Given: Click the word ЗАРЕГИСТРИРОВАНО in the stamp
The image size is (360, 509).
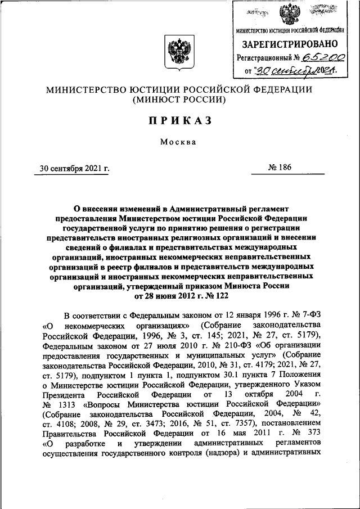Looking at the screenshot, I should point(290,43).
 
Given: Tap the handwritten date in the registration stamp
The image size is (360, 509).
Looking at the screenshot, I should point(295,71).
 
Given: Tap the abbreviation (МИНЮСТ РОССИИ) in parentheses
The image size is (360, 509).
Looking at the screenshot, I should point(179,100).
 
